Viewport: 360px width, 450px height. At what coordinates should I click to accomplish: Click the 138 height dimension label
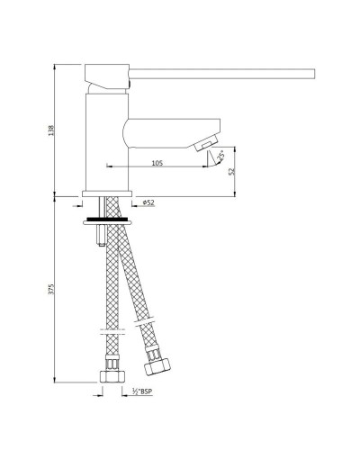[50, 130]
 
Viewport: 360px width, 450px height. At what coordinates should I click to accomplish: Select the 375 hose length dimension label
[50, 289]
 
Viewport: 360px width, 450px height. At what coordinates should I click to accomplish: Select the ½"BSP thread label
[140, 391]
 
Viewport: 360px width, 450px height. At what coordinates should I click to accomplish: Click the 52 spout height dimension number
[232, 170]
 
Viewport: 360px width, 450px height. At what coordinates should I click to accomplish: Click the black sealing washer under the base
[109, 217]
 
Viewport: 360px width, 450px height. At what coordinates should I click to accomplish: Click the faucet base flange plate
[109, 194]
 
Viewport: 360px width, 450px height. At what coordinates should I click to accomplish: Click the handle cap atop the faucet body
[108, 77]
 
